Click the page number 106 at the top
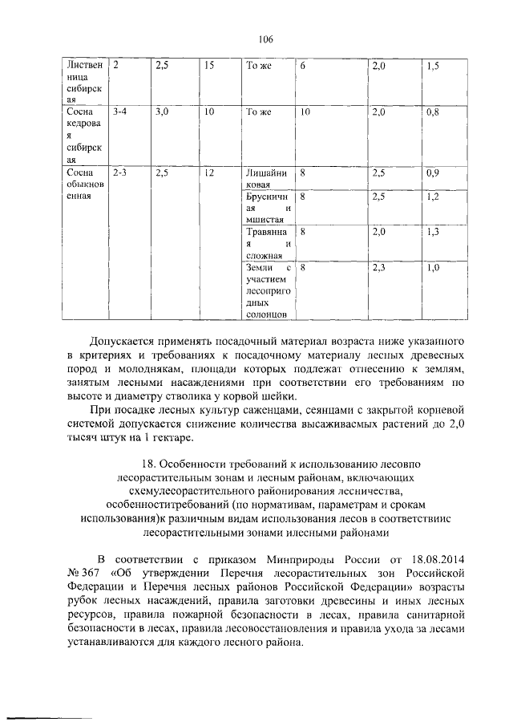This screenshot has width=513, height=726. [x=266, y=39]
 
